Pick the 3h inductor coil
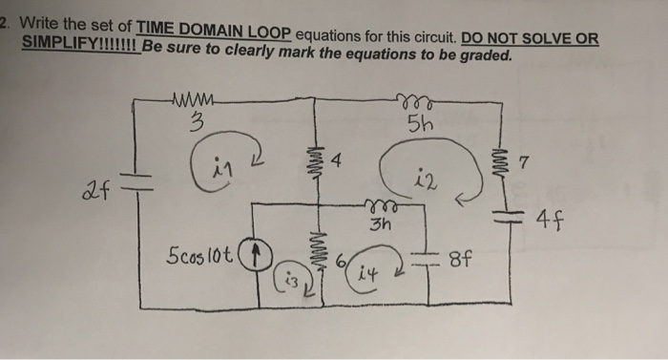[382, 205]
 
